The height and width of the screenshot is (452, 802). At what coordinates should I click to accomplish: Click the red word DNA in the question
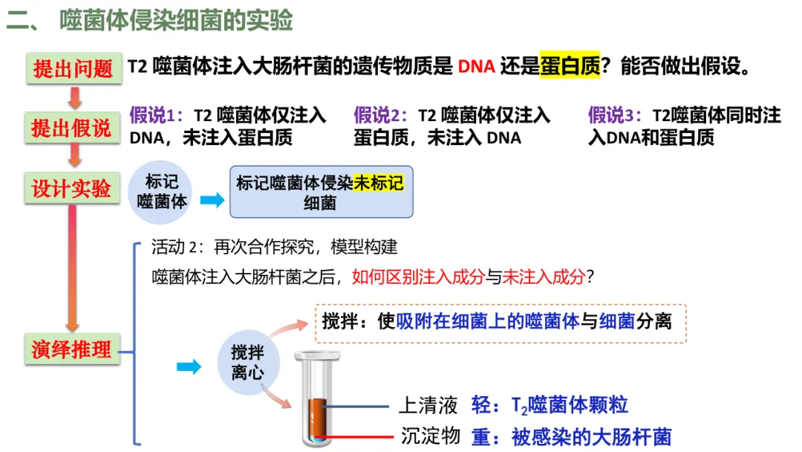pyautogui.click(x=476, y=68)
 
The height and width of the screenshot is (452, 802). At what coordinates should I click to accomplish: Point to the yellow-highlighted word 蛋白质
pyautogui.click(x=570, y=68)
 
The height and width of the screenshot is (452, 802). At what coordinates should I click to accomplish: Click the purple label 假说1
pyautogui.click(x=155, y=116)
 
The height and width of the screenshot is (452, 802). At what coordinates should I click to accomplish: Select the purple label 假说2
pyautogui.click(x=380, y=116)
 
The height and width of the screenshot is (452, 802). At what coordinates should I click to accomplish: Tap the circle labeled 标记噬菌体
pyautogui.click(x=161, y=192)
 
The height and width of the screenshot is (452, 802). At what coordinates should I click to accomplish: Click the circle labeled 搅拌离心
pyautogui.click(x=247, y=363)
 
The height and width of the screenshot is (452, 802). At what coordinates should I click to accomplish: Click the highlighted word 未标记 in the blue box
pyautogui.click(x=379, y=183)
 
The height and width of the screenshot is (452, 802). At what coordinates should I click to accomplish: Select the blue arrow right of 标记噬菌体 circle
pyautogui.click(x=212, y=200)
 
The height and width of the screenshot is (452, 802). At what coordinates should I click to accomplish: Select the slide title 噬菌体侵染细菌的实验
pyautogui.click(x=176, y=20)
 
